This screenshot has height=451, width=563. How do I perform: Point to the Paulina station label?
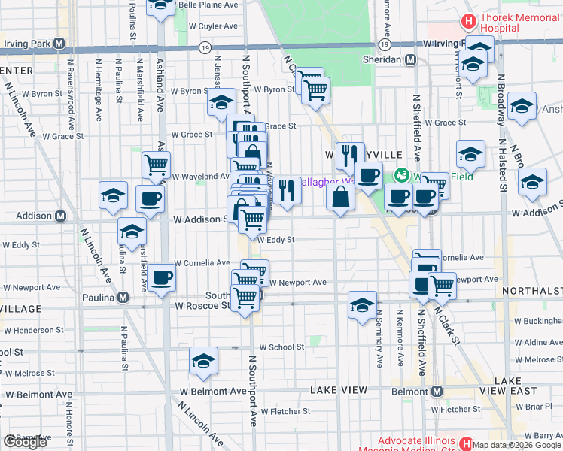pyautogui.click(x=98, y=298)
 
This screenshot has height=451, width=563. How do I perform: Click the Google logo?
pyautogui.click(x=25, y=442)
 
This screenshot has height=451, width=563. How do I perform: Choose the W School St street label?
pyautogui.click(x=281, y=347)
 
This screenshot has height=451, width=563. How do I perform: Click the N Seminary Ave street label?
pyautogui.click(x=380, y=338)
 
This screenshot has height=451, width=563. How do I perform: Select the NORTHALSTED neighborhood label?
pyautogui.click(x=535, y=290)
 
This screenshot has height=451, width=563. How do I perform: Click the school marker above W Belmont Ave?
pyautogui.click(x=202, y=360)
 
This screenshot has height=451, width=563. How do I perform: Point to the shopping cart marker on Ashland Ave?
pyautogui.click(x=156, y=164)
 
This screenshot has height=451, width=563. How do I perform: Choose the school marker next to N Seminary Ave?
pyautogui.click(x=362, y=304)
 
